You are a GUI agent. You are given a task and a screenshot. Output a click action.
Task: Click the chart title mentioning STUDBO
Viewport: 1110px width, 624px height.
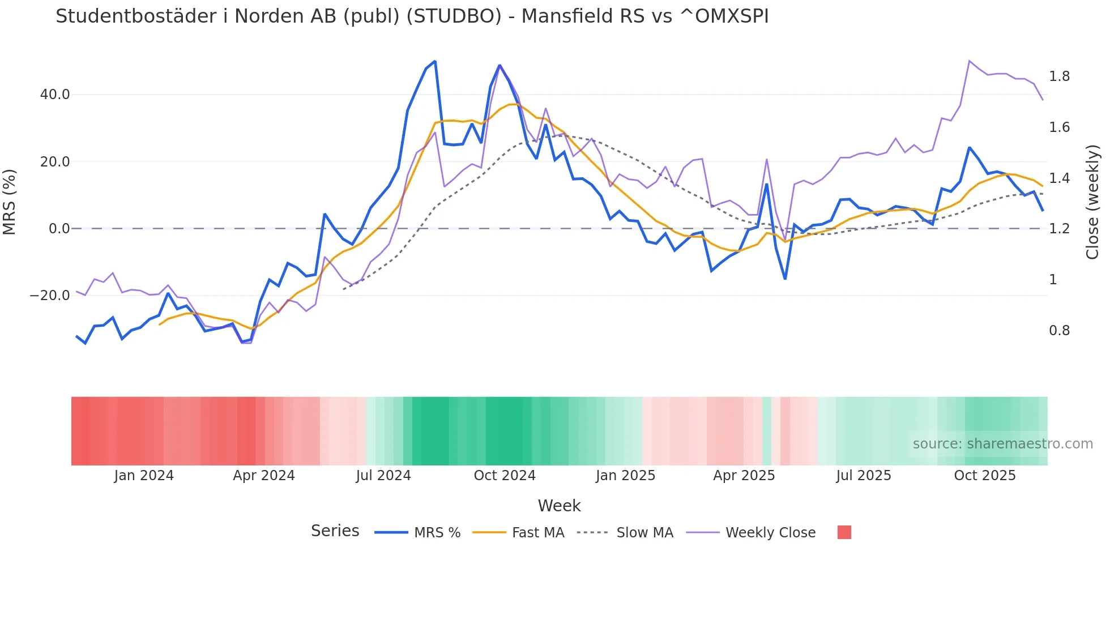tap(412, 16)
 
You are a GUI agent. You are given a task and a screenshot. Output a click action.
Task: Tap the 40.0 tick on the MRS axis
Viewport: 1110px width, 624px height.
tap(55, 95)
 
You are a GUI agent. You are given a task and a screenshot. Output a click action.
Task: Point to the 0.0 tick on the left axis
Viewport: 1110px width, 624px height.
tap(59, 229)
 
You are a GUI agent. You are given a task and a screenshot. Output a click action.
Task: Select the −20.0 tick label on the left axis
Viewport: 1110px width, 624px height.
tap(50, 296)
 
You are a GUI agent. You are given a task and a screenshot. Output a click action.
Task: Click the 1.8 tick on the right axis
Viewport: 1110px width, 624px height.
tap(1059, 76)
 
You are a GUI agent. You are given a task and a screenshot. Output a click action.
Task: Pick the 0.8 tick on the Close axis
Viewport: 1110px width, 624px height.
tap(1059, 331)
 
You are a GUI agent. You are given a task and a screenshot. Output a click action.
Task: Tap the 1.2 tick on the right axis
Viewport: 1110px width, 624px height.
tap(1059, 229)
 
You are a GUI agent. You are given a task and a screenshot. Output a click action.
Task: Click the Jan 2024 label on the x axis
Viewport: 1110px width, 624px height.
tap(144, 476)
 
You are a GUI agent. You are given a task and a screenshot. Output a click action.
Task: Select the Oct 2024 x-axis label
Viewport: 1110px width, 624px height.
tap(505, 476)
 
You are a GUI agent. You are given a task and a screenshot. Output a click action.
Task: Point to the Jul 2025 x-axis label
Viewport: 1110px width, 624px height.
tap(864, 476)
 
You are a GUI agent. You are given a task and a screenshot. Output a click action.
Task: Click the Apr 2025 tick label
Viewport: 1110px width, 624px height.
tap(744, 476)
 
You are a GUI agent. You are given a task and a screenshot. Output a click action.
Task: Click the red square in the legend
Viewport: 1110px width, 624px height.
tap(844, 532)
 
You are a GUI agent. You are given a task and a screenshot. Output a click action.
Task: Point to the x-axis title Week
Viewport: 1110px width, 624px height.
tap(559, 506)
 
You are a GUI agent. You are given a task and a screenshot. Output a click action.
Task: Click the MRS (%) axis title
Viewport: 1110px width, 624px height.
tap(10, 202)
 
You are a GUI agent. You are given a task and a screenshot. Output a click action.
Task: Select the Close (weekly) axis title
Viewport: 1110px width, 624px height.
tap(1092, 202)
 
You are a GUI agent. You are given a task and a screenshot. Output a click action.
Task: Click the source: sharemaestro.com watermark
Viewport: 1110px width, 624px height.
tap(1002, 444)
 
